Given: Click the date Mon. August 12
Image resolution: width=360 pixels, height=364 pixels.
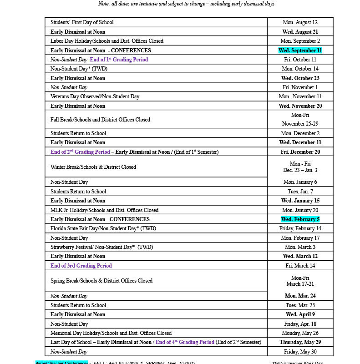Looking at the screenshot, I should [300, 22].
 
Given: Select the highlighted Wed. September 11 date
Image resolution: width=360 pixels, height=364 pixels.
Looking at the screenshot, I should [300, 51].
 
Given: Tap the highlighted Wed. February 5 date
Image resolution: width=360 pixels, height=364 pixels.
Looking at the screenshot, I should [300, 219].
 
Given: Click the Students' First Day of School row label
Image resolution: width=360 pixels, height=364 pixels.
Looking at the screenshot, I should [82, 22].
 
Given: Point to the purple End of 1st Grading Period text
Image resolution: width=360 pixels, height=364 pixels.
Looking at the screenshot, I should [119, 60].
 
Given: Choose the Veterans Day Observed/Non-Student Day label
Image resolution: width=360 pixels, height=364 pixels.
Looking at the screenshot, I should [95, 96].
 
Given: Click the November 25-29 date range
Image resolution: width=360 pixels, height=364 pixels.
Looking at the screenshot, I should [300, 124].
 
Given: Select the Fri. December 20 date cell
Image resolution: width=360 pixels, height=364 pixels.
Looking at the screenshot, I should [300, 152].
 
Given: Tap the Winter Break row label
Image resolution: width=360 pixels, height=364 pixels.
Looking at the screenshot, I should [93, 167].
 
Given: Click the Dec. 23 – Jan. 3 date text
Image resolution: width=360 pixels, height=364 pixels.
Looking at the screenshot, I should [300, 170].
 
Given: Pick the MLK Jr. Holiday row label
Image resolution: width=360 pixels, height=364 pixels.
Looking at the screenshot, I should [104, 210].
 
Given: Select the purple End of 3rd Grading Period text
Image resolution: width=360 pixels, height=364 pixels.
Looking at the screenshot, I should [81, 266].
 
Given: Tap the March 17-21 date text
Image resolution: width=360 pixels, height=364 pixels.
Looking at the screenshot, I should [300, 284].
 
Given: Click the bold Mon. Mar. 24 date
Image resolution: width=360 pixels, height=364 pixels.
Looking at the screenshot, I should [300, 296].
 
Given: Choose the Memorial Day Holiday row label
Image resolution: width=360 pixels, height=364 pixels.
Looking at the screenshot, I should [111, 333].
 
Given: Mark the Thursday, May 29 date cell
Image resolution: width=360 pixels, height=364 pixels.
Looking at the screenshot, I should [300, 342].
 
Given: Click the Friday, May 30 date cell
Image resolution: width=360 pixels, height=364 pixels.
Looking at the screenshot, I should [300, 352].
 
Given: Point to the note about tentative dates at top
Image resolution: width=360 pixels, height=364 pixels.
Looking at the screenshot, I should [186, 4].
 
